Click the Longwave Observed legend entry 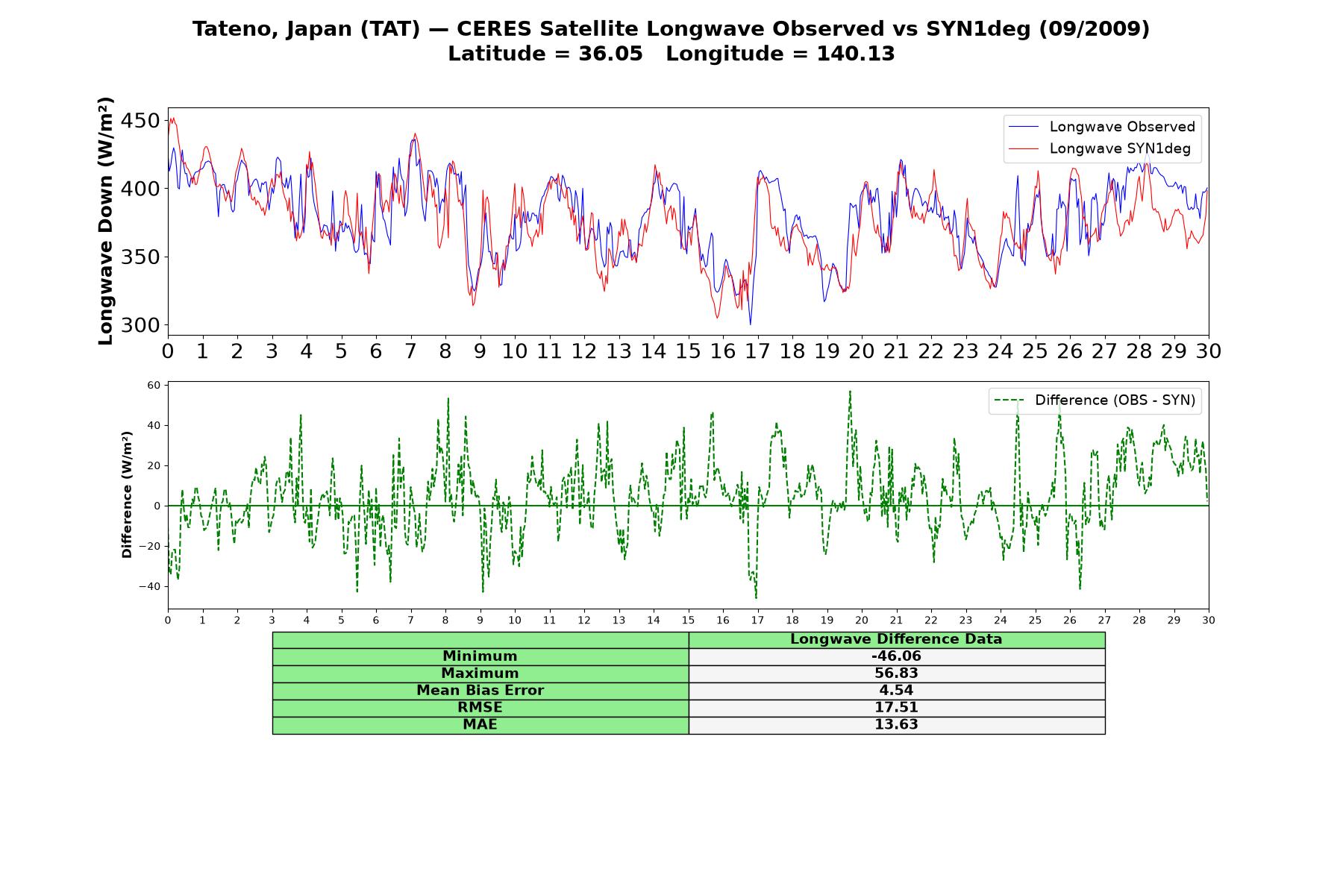[1102, 127]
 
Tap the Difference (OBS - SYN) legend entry [1095, 401]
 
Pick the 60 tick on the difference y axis [154, 385]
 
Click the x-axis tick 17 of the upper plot [757, 351]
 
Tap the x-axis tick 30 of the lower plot [1209, 620]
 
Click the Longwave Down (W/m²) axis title [106, 221]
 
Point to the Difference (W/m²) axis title [127, 494]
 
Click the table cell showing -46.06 [896, 656]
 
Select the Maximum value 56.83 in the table [896, 673]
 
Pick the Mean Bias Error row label [480, 691]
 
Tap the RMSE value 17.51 [896, 708]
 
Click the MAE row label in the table [480, 725]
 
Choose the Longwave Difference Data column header [896, 639]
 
